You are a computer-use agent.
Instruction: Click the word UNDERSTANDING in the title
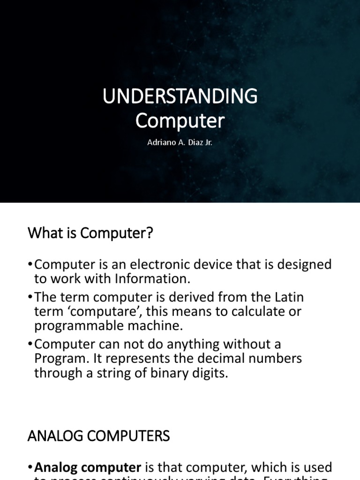pyautogui.click(x=180, y=97)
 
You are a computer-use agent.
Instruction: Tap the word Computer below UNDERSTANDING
pyautogui.click(x=180, y=121)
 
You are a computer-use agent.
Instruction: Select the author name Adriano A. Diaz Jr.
pyautogui.click(x=180, y=142)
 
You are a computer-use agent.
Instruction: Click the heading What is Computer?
pyautogui.click(x=90, y=233)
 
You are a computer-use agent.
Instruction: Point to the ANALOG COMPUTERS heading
pyautogui.click(x=98, y=436)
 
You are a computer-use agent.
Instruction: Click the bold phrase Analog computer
pyautogui.click(x=88, y=467)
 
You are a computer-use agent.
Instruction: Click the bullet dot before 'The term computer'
pyautogui.click(x=31, y=298)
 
